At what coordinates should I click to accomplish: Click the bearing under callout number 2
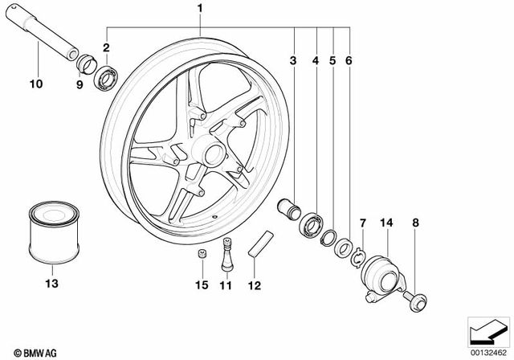coord(104,78)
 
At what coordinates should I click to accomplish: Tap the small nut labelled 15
coord(202,255)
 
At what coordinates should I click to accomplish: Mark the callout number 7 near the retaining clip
coord(362,220)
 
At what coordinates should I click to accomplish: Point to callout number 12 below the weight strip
coord(256,283)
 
